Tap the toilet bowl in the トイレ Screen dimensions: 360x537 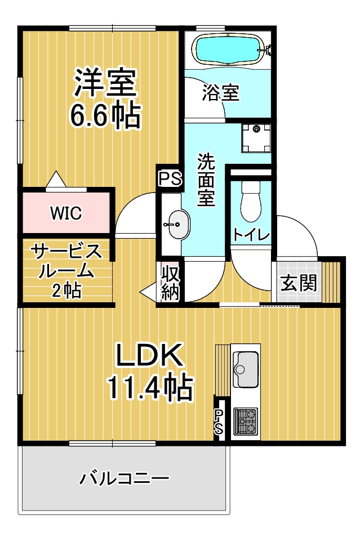pos(251,202)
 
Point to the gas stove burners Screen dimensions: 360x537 pos(246,421)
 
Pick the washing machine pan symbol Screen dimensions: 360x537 pos(256,138)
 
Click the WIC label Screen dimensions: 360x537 pos(66,213)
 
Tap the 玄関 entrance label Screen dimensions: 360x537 pos(298,283)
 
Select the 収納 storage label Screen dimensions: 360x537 pos(170,283)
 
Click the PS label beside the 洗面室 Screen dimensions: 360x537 pos(170,178)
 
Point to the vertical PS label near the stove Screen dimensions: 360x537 pos(219,422)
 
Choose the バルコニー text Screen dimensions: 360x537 pos(124,478)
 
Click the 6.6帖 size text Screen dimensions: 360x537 pos(105,115)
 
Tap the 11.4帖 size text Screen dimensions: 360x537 pos(150,387)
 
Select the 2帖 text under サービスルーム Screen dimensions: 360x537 pos(67,291)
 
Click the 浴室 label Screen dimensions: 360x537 pos(220,92)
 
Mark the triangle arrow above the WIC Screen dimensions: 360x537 pos(56,179)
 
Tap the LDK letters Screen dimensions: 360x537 pos(149,355)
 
